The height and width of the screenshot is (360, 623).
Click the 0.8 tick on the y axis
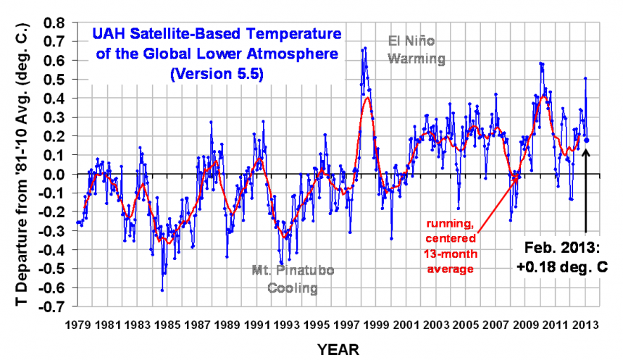pos(54,22)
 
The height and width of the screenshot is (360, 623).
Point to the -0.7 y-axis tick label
pos(51,306)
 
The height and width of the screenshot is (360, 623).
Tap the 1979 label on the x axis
pos(77,324)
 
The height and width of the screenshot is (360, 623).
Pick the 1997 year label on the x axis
pos(346,324)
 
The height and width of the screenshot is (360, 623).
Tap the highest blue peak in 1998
pos(365,48)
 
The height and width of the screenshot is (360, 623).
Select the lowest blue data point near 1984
pos(162,290)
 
